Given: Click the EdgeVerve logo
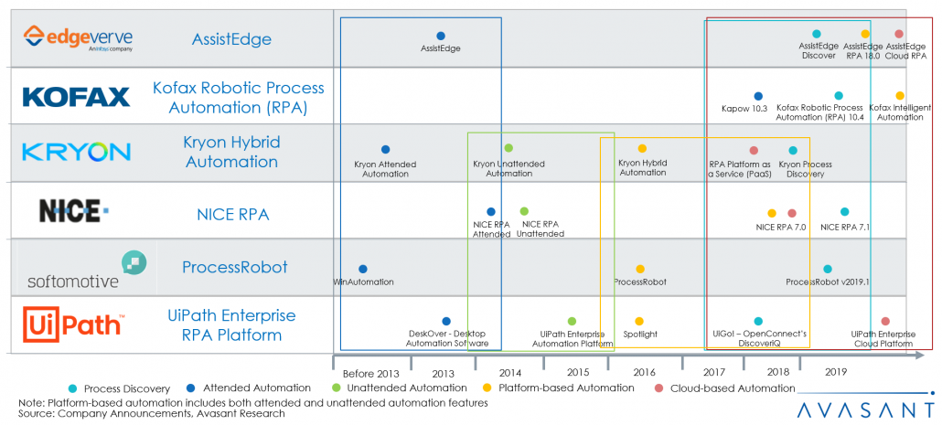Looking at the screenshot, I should pyautogui.click(x=78, y=38).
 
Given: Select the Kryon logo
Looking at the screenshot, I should pyautogui.click(x=77, y=152).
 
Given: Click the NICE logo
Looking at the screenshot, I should pyautogui.click(x=74, y=212).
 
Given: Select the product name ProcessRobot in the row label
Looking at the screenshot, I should pyautogui.click(x=234, y=268).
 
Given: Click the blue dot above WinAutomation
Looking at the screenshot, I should pyautogui.click(x=363, y=269).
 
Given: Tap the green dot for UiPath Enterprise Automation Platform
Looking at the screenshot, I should pyautogui.click(x=572, y=321).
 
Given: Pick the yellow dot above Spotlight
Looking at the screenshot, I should pyautogui.click(x=639, y=321).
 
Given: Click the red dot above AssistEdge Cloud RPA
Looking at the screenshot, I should pyautogui.click(x=899, y=34).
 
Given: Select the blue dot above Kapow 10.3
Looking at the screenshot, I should pyautogui.click(x=758, y=96).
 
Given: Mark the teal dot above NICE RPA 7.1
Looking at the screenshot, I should pyautogui.click(x=844, y=212).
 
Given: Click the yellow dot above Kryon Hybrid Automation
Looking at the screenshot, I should pyautogui.click(x=642, y=148).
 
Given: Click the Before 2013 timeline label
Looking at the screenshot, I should pyautogui.click(x=370, y=373).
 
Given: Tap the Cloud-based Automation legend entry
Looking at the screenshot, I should pyautogui.click(x=728, y=388).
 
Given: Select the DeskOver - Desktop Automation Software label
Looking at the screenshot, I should pyautogui.click(x=446, y=339).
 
